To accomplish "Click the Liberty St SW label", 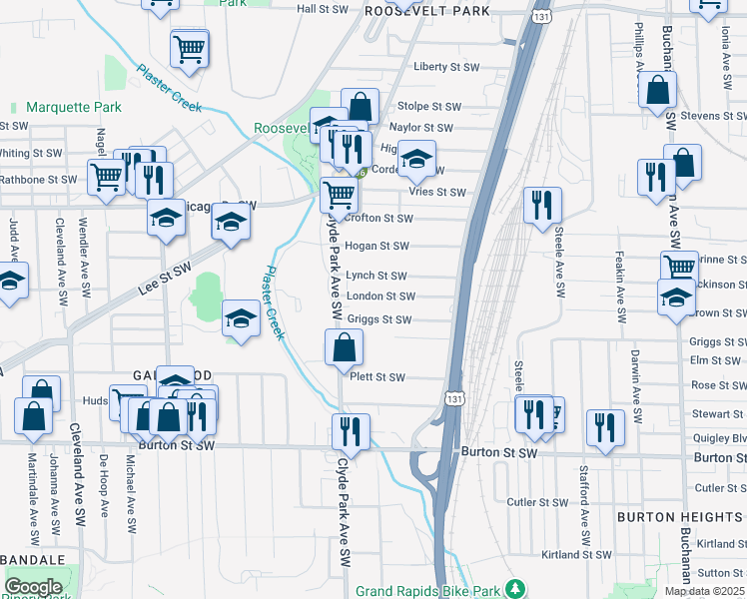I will coord(446,67).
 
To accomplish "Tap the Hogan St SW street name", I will coord(376,246).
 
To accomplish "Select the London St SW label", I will coord(379,297).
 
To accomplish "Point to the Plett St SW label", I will coord(376,377).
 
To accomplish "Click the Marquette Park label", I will coord(73,107).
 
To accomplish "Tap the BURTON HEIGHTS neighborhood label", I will coord(678,517).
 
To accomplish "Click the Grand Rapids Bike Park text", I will coord(428,591).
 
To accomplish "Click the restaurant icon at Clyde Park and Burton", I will coord(351,432).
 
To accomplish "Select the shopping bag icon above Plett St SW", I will coord(344,348).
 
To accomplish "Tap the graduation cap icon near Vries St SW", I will coord(417,159).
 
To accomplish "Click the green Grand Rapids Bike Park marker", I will coord(514,590).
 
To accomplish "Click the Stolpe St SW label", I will coord(429,106).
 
